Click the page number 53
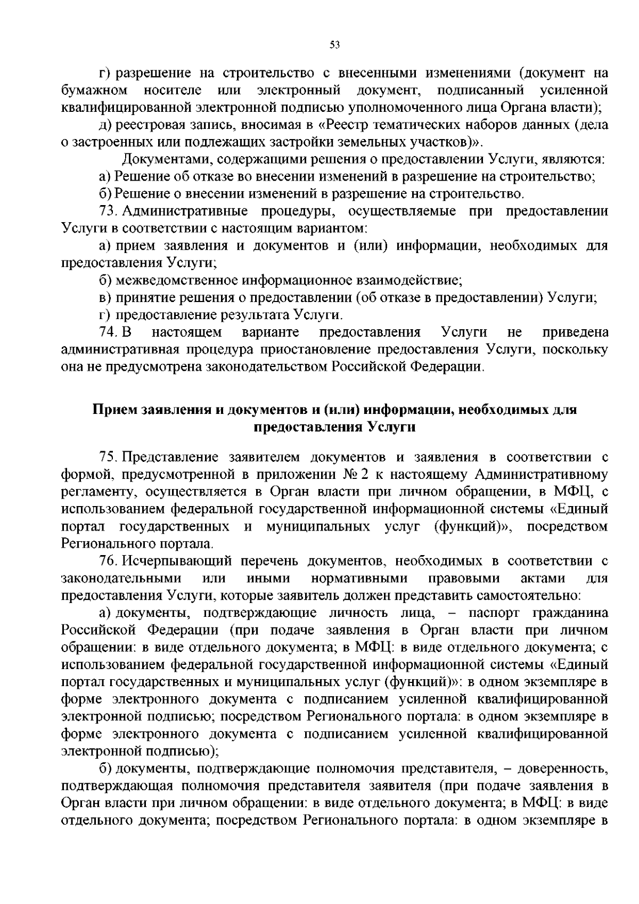click(334, 45)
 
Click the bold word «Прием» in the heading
click(115, 410)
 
